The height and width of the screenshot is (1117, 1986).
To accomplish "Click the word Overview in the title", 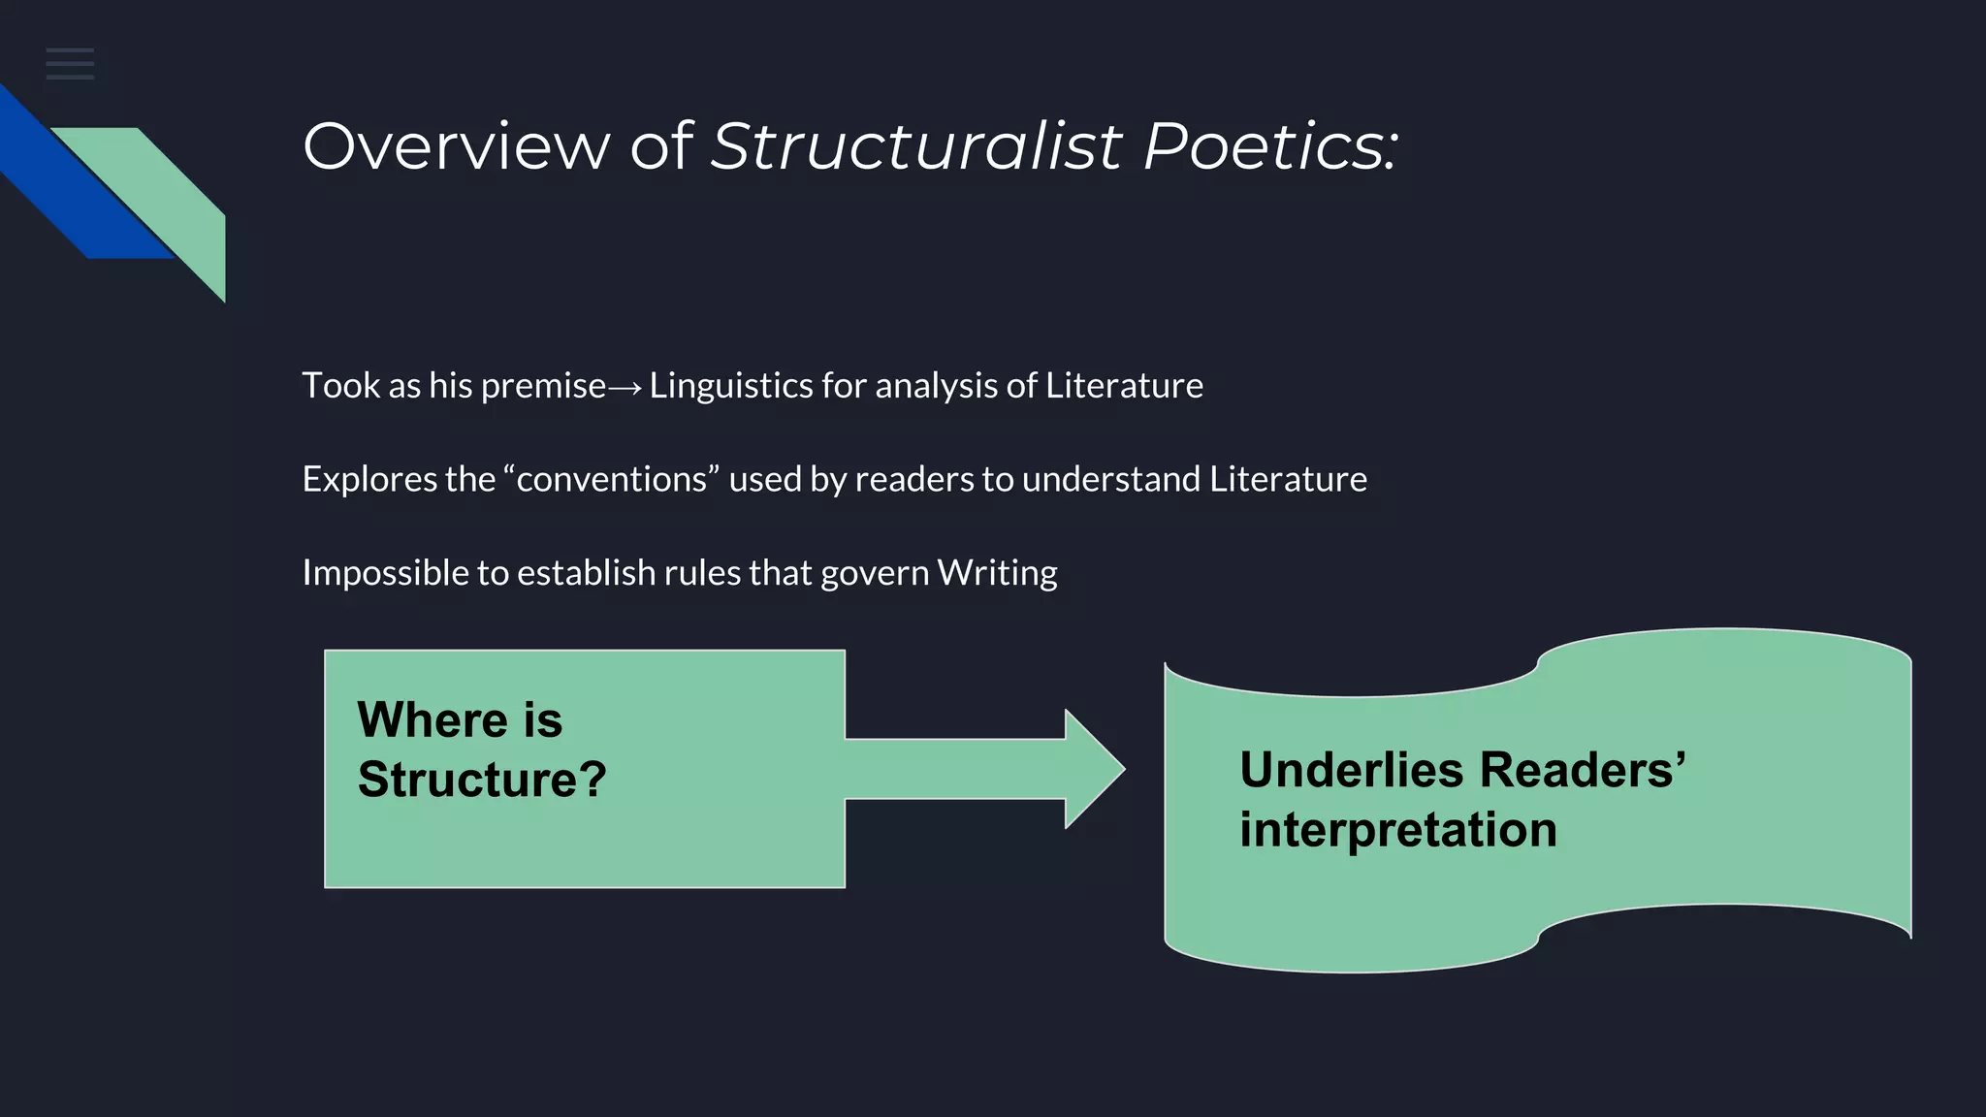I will click(456, 146).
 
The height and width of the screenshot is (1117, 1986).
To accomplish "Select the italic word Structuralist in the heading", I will click(915, 146).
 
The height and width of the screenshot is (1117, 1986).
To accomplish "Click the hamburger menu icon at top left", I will click(70, 64).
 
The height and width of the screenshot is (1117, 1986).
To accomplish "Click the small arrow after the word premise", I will click(625, 388).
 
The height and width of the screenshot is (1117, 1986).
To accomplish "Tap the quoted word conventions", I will click(611, 480).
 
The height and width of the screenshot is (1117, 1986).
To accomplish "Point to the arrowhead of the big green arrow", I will click(1094, 769).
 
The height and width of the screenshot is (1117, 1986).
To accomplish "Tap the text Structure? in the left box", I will click(481, 780).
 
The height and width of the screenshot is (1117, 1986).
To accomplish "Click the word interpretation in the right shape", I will click(1397, 831).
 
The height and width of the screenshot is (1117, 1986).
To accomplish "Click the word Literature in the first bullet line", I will click(1124, 386).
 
